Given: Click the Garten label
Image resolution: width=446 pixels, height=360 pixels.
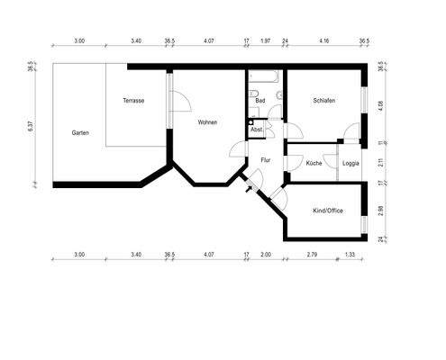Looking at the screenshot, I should click(x=79, y=132).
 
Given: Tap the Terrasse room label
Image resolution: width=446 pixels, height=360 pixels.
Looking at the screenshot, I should click(x=135, y=100).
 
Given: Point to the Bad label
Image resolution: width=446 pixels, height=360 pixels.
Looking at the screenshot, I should click(x=259, y=100).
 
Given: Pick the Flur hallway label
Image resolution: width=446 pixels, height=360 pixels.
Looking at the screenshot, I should click(x=265, y=160).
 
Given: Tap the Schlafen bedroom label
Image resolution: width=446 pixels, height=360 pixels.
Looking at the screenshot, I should click(x=324, y=100).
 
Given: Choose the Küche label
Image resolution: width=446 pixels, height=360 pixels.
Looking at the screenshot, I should click(x=314, y=163).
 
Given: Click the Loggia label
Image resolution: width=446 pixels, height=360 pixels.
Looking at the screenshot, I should click(x=352, y=163).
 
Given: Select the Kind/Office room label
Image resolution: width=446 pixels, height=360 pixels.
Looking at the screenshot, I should click(x=326, y=211).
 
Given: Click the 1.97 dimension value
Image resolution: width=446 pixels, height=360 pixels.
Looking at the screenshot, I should click(x=265, y=40).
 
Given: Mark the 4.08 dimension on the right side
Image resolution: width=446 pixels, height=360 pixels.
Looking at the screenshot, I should click(x=381, y=104).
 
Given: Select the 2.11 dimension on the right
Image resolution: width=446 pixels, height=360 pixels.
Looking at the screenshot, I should click(x=381, y=163).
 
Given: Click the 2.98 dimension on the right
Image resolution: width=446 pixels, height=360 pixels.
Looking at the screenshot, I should click(x=381, y=211).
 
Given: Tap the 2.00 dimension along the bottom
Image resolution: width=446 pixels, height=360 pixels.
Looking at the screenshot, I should click(x=265, y=255).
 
